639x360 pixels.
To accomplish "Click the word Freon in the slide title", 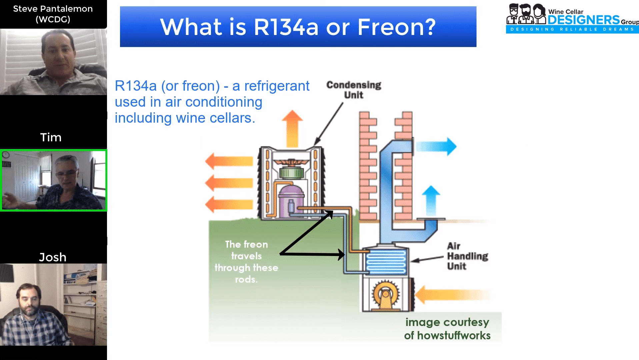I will [396, 27].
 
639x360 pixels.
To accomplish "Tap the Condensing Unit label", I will [354, 90].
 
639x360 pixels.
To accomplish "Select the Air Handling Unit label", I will [467, 256].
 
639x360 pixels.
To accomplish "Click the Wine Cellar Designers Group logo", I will [572, 19].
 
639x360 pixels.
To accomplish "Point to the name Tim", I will [51, 137].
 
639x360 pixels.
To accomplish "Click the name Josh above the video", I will [53, 257].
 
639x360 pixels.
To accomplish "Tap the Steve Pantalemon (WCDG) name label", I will [53, 14].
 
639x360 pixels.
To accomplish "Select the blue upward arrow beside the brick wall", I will [431, 200].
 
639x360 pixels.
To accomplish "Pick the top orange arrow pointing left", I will [229, 161].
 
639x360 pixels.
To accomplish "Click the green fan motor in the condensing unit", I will [291, 173].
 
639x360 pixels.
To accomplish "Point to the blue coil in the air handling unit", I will [386, 261].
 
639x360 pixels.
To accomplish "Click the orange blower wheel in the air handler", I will [386, 294].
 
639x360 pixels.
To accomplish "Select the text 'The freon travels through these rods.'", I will [246, 262].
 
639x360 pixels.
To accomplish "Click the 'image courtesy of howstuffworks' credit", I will [447, 329].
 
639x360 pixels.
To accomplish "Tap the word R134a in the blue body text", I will [136, 86].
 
